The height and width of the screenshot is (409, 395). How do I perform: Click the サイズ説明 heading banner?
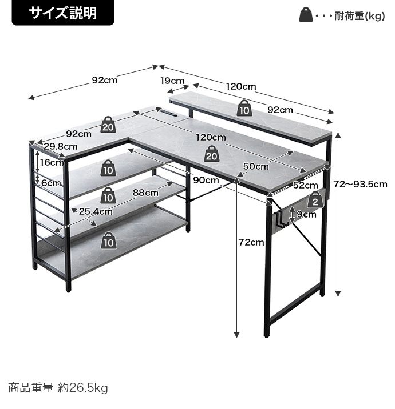coord(63,13)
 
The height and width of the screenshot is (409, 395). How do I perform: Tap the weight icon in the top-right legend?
coord(306,15)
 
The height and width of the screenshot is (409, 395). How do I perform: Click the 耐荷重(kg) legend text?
coord(360,16)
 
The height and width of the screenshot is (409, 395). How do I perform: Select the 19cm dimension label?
coord(172,81)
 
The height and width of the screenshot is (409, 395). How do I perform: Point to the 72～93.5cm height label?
coord(360,184)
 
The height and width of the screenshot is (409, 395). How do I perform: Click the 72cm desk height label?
coord(251,242)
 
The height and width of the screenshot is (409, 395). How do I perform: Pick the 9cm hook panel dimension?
coord(306,214)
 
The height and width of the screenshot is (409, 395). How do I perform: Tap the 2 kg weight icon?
coord(315,200)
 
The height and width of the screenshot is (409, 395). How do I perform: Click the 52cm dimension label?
coord(305,185)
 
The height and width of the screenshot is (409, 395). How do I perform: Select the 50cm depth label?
coord(256,166)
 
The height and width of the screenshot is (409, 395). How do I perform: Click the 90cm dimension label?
coord(206,180)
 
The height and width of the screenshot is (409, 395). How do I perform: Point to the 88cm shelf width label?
coord(145,193)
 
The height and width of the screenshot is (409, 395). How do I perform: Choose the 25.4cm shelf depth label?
coord(96,211)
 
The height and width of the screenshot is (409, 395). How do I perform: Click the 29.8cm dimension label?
coord(60,146)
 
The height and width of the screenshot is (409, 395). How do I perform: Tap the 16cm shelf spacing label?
coord(52,162)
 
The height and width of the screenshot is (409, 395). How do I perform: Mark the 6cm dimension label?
coord(52,183)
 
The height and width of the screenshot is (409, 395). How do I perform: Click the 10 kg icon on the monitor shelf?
coord(244,109)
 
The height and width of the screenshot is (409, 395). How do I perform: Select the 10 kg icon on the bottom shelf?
coord(108,240)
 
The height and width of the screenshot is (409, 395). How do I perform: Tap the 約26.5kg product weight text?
coord(83,388)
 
